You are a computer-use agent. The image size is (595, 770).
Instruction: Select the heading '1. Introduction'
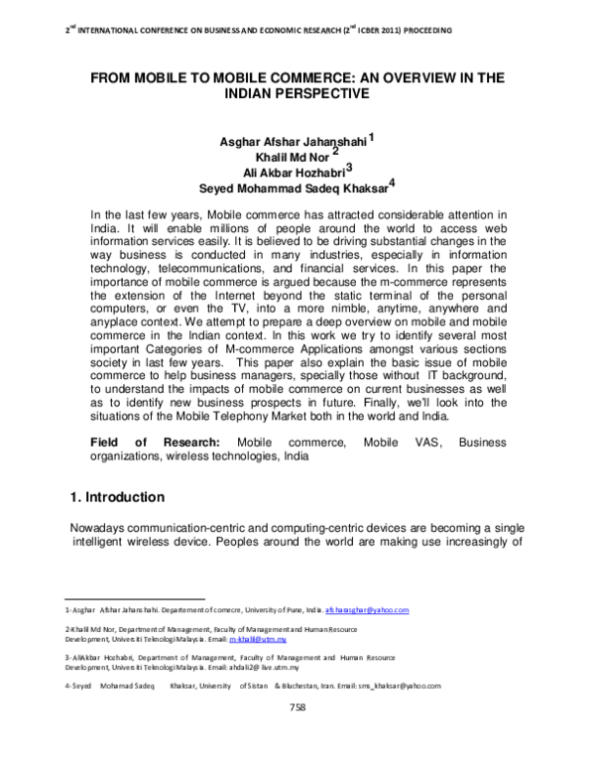129,496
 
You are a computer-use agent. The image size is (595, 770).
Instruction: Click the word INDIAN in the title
257,94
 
